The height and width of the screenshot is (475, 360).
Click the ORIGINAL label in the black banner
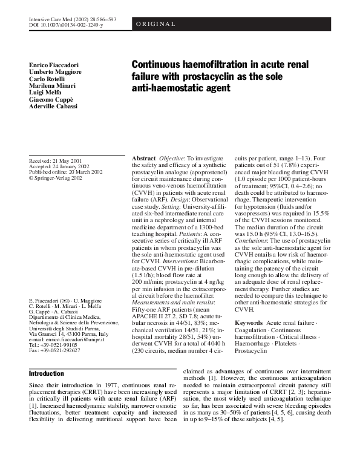click(x=156, y=24)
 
